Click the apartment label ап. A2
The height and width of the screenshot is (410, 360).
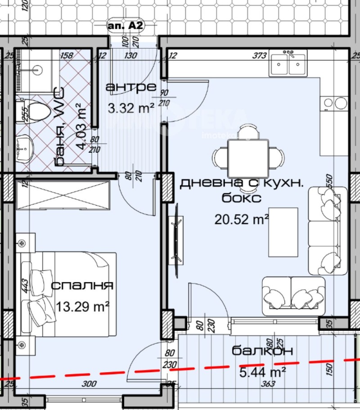tap(126, 26)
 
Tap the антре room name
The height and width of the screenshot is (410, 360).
tap(130, 87)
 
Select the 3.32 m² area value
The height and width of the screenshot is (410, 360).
tap(131, 108)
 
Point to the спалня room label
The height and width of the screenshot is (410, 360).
tap(82, 286)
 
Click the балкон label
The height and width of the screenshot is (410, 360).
tap(262, 350)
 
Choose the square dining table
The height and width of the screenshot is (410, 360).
tap(248, 158)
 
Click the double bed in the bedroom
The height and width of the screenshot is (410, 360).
tap(67, 294)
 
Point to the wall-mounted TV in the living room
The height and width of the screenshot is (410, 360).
tap(176, 239)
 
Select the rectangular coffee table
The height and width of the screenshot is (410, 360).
tap(283, 232)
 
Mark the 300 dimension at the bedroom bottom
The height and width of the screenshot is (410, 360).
tap(90, 384)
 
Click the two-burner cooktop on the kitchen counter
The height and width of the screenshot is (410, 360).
tap(335, 104)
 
